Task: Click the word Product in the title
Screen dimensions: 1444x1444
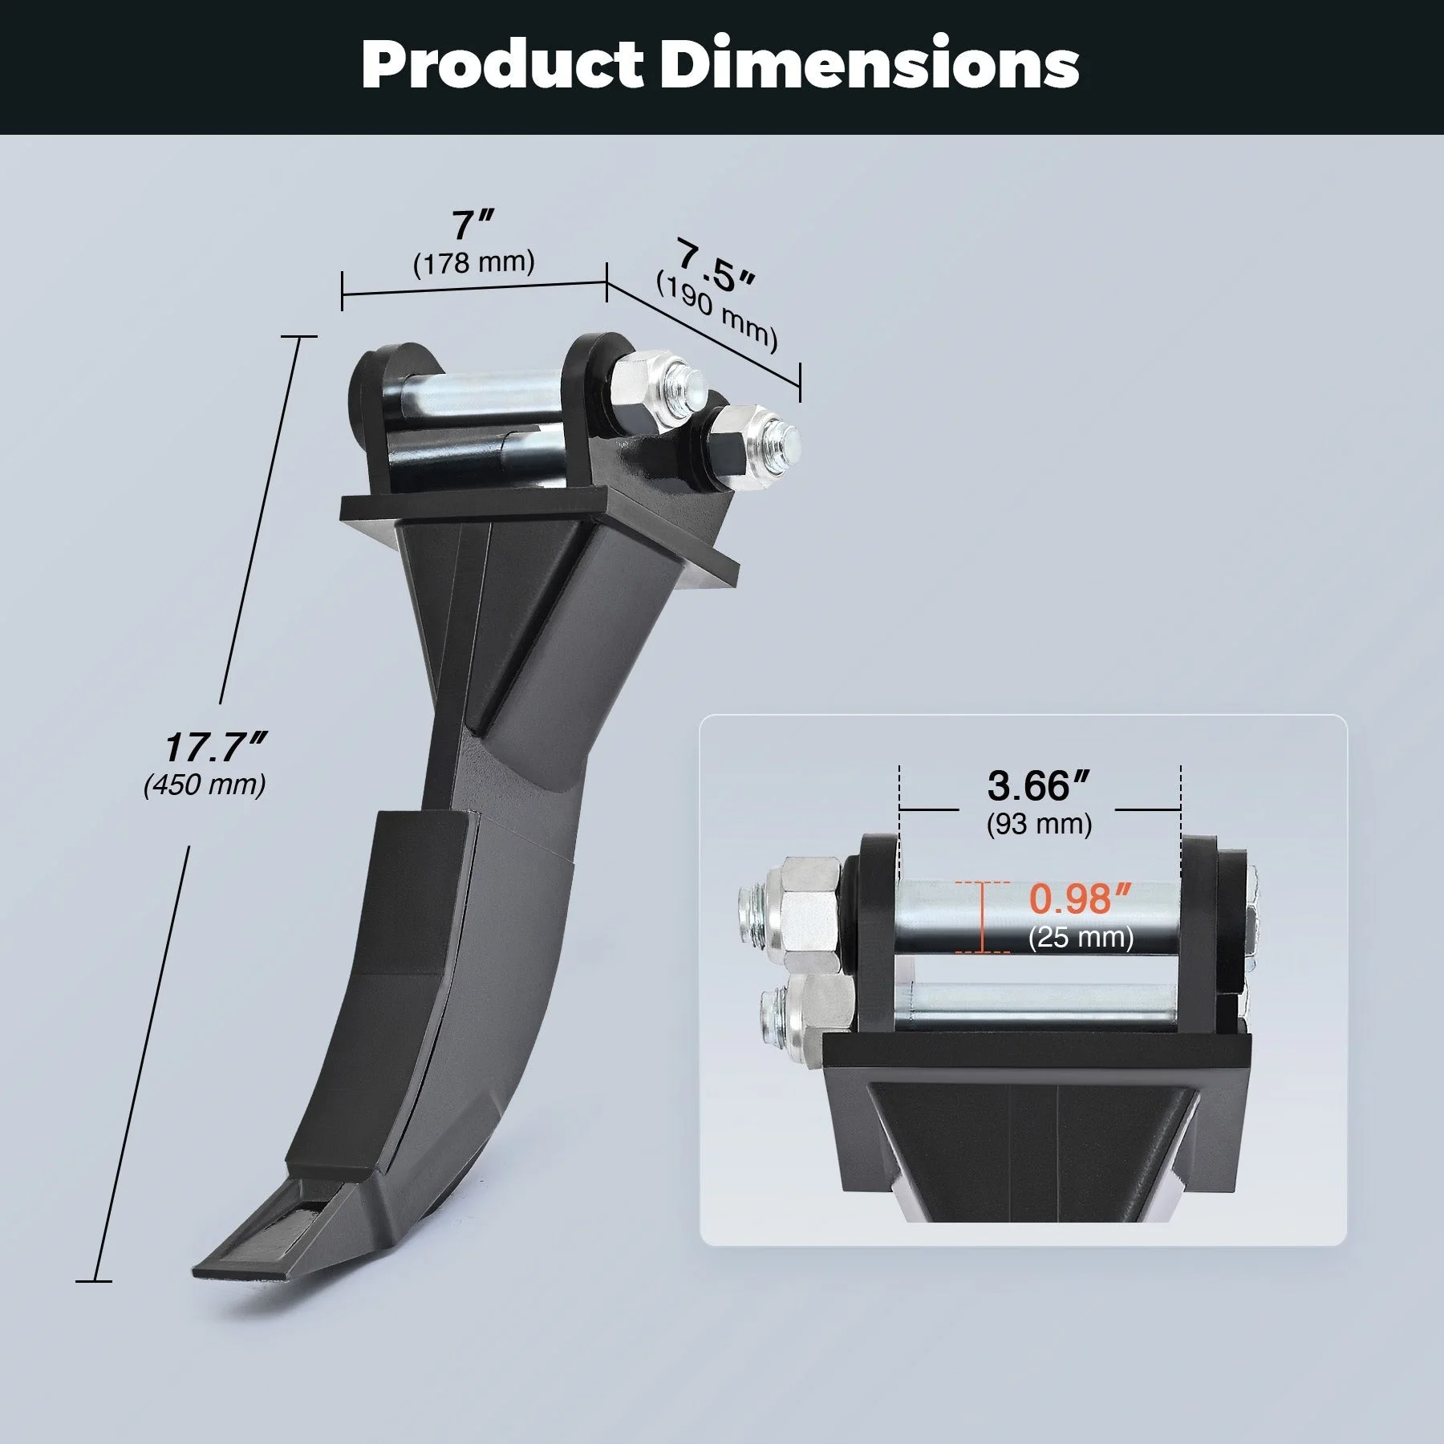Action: [x=502, y=64]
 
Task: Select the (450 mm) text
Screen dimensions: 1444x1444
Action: [x=205, y=785]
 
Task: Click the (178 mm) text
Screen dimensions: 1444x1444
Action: [x=473, y=263]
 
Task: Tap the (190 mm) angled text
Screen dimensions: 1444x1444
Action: [x=716, y=312]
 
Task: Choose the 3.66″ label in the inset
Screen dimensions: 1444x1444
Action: [x=1038, y=786]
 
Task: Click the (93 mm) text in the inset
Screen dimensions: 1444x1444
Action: [x=1039, y=824]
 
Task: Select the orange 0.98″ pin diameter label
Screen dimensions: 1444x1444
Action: [x=1080, y=899]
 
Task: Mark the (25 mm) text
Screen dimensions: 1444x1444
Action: [x=1081, y=937]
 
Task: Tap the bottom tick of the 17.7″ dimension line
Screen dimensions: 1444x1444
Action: [x=94, y=1281]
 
